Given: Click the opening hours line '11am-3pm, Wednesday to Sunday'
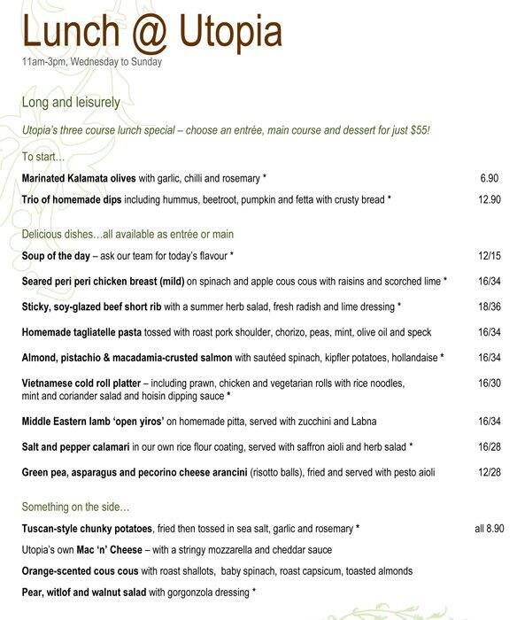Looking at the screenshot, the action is pos(92,62).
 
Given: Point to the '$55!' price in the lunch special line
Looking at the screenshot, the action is pos(417,131).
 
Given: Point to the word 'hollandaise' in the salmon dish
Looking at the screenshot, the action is pos(411,359).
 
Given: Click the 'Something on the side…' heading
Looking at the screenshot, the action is pos(75,508).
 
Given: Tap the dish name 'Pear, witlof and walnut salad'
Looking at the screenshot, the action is pos(91,591).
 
